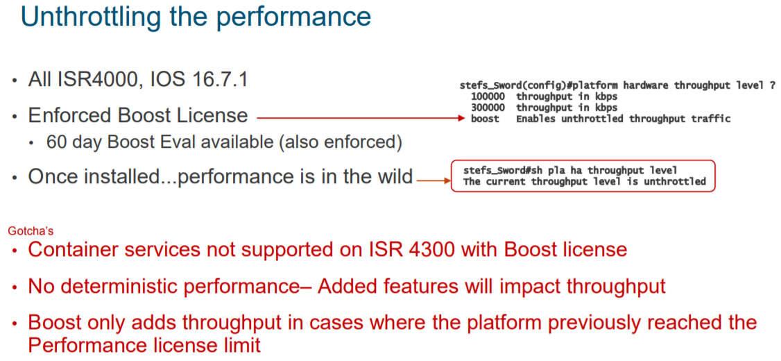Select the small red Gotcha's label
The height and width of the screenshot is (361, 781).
pyautogui.click(x=31, y=230)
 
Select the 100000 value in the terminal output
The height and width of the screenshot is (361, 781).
pyautogui.click(x=488, y=96)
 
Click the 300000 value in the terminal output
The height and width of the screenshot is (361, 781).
pyautogui.click(x=488, y=108)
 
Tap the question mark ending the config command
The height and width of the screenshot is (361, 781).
pyautogui.click(x=772, y=85)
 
